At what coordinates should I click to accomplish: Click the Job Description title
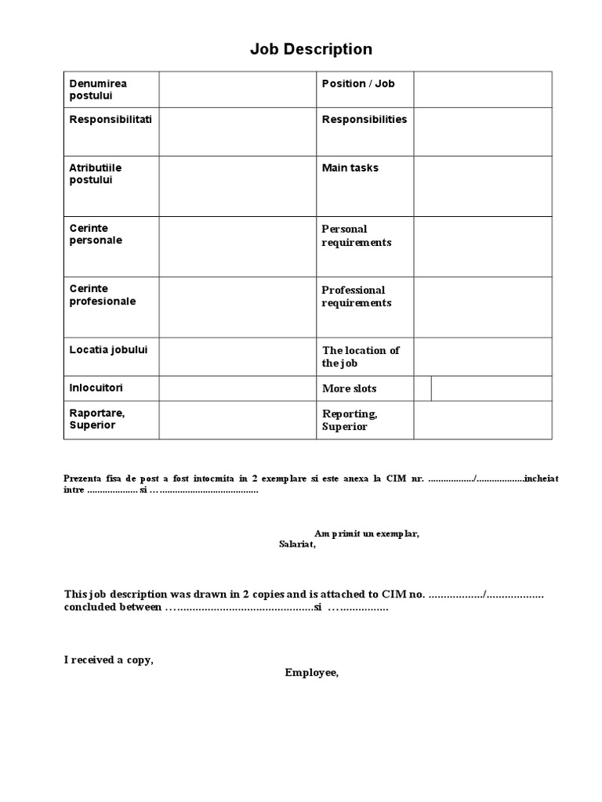click(311, 49)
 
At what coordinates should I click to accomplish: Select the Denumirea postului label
click(98, 89)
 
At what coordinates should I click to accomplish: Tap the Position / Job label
click(358, 84)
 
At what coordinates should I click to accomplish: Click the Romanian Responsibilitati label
click(111, 120)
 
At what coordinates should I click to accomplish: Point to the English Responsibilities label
click(364, 120)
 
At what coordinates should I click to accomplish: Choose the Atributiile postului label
click(96, 174)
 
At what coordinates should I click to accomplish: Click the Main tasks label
click(350, 168)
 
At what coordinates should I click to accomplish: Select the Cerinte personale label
click(96, 234)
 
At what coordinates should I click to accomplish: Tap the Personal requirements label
click(357, 236)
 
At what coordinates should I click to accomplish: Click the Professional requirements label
click(357, 297)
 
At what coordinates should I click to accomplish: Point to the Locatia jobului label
click(108, 349)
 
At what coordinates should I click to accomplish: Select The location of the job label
click(361, 357)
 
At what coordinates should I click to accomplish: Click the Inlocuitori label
click(96, 388)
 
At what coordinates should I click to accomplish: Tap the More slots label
click(350, 388)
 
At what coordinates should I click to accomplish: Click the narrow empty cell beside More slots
click(422, 388)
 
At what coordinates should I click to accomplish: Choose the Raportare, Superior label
click(97, 419)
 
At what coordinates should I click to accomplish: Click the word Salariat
click(297, 544)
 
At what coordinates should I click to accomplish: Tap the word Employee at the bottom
click(312, 673)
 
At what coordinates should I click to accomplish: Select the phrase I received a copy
click(109, 660)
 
